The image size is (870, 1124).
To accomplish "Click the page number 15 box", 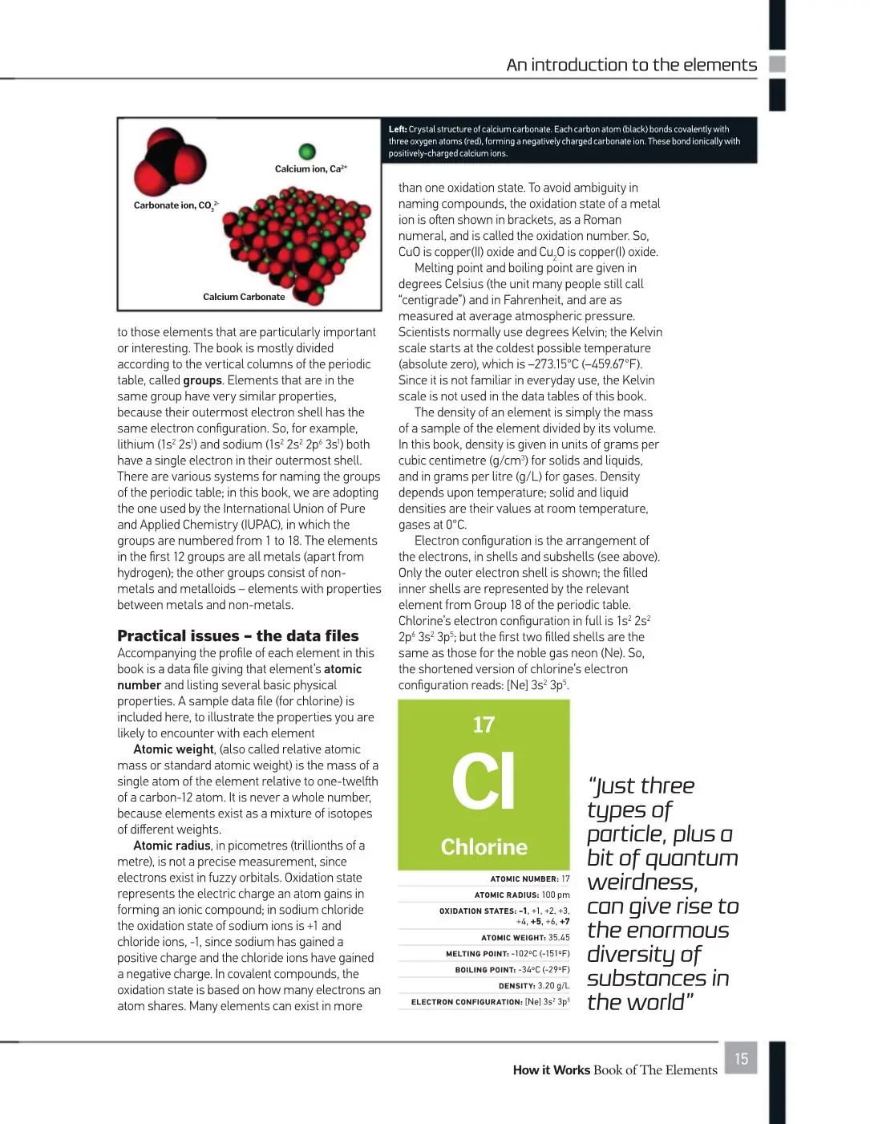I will pyautogui.click(x=741, y=1058).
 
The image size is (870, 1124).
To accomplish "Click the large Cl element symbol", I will pyautogui.click(x=484, y=781).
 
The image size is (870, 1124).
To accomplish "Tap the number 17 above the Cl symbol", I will pyautogui.click(x=484, y=725).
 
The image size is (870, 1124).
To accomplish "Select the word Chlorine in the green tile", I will pyautogui.click(x=484, y=847).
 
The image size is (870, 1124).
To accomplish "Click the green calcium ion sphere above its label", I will pyautogui.click(x=307, y=151).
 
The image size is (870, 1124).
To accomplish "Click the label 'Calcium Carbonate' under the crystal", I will pyautogui.click(x=244, y=297).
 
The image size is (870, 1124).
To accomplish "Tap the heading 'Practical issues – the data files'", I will pyautogui.click(x=238, y=636).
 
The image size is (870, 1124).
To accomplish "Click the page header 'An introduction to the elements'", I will pyautogui.click(x=631, y=65).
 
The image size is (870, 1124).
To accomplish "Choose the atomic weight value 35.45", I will pyautogui.click(x=559, y=937).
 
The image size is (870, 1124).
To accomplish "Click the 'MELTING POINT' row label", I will pyautogui.click(x=477, y=954).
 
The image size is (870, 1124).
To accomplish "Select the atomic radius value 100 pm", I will pyautogui.click(x=555, y=895).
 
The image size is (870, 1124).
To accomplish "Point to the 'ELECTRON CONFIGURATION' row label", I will pyautogui.click(x=467, y=1002).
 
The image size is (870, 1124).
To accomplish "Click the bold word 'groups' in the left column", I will pyautogui.click(x=203, y=380).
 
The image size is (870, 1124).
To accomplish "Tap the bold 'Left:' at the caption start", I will pyautogui.click(x=398, y=129).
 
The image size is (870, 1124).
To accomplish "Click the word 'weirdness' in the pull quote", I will pyautogui.click(x=642, y=883).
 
